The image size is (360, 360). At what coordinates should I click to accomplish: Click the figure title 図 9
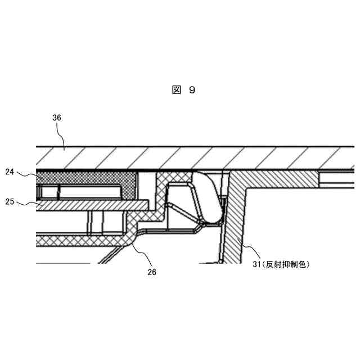[183, 90]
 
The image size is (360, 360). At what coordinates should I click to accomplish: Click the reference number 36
[57, 118]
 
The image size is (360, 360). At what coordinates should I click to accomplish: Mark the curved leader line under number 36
[62, 135]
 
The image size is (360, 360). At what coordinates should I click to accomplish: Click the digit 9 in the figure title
[192, 90]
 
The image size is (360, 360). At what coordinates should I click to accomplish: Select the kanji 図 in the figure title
[176, 90]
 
